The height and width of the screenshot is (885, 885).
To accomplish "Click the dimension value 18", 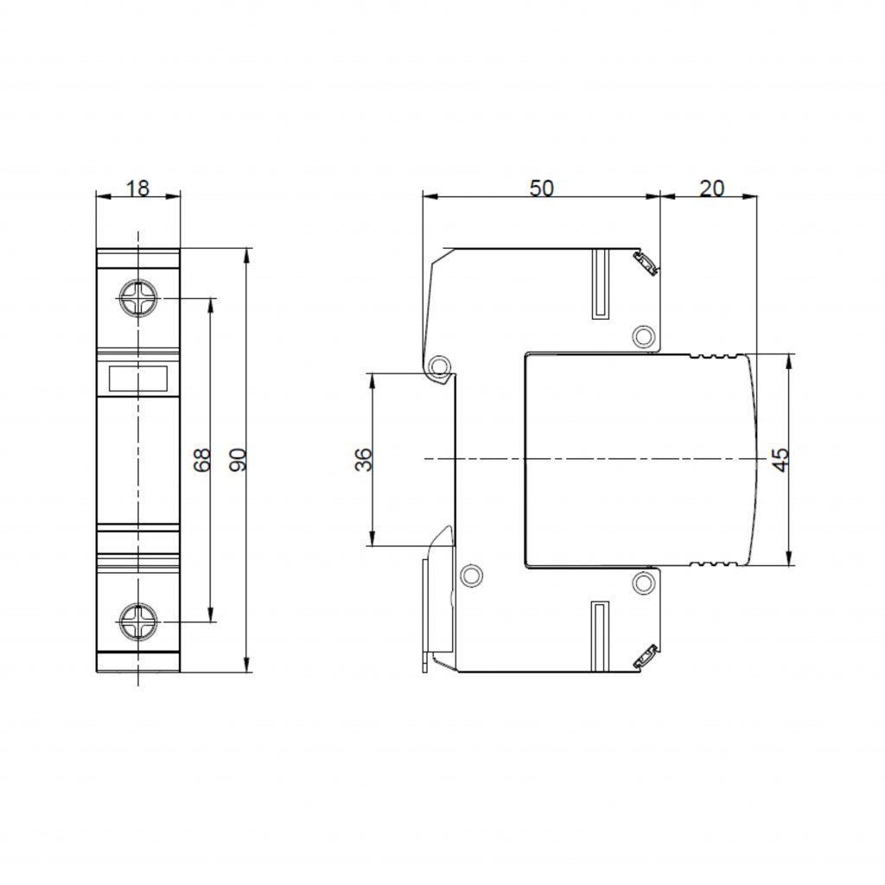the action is (137, 188).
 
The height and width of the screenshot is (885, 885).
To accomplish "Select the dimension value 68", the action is (201, 460).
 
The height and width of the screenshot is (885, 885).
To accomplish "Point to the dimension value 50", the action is (541, 188).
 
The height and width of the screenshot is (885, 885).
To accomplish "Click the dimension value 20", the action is (711, 188).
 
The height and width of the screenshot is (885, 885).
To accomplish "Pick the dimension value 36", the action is (364, 460).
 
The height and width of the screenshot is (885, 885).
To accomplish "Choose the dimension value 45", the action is (780, 460).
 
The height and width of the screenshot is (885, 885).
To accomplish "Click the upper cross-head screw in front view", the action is (138, 298).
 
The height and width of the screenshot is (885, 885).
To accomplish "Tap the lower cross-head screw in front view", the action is (138, 621).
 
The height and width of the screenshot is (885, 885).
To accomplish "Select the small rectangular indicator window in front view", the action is (138, 379).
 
